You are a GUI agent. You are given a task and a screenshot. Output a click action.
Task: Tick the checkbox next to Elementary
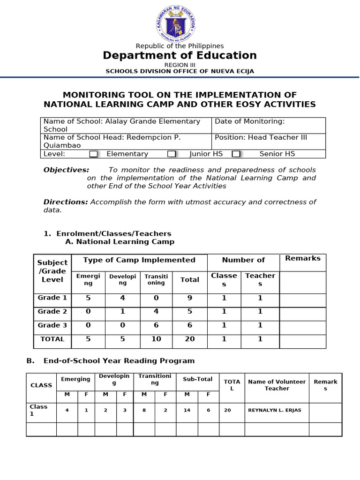click(x=94, y=154)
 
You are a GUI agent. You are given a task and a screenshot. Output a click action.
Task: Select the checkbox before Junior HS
click(x=172, y=154)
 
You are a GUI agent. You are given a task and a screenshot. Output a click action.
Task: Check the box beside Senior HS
click(x=236, y=154)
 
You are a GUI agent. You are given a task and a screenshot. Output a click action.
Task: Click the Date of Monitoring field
click(x=269, y=125)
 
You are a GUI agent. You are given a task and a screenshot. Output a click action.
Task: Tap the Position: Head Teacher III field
click(x=269, y=141)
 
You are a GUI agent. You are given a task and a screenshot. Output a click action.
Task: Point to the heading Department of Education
click(x=180, y=55)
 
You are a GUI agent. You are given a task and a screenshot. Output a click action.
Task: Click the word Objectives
click(x=66, y=170)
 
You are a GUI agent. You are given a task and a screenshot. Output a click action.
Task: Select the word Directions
click(x=66, y=202)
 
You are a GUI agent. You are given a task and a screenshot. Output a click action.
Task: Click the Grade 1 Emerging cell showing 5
click(x=88, y=298)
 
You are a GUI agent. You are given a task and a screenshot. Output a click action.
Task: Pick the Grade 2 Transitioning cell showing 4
click(x=156, y=312)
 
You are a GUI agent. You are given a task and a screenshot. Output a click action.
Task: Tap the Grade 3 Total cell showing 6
click(x=190, y=325)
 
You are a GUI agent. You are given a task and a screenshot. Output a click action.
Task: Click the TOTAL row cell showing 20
click(x=190, y=339)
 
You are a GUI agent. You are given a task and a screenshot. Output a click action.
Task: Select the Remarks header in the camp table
click(x=303, y=258)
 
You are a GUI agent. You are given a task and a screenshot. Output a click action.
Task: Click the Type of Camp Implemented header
click(x=139, y=260)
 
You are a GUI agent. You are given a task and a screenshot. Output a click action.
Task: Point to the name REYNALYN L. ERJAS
click(x=275, y=410)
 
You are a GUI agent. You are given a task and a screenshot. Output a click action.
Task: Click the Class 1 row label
click(x=38, y=410)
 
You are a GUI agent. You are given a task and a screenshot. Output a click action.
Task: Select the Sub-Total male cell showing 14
click(x=187, y=410)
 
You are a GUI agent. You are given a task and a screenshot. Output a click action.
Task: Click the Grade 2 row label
click(x=52, y=312)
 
